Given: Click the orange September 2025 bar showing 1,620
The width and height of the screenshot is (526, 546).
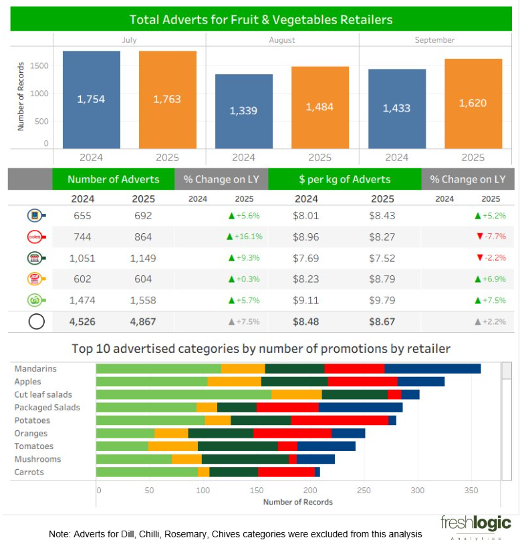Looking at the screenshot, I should (x=473, y=104).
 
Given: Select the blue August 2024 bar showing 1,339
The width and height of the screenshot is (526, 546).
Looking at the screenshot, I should (x=243, y=111).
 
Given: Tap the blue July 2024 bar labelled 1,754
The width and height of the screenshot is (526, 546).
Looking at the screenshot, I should (x=91, y=100).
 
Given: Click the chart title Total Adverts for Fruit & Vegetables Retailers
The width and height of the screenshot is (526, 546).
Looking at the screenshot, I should (x=261, y=19).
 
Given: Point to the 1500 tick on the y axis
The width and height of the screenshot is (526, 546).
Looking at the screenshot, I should (x=39, y=65).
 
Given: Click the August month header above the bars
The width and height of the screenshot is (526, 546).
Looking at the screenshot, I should (x=282, y=40).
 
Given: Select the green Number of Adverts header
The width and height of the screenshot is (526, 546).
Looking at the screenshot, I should (x=113, y=179).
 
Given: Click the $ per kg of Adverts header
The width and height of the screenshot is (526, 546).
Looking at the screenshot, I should (x=344, y=179).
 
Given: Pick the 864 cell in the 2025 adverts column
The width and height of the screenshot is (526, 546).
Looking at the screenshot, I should (x=142, y=237).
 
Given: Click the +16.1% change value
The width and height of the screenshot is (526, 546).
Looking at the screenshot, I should (x=245, y=237).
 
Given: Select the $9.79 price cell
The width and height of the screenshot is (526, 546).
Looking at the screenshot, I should (x=382, y=300).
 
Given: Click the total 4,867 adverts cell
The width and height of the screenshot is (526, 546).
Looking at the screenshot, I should (x=142, y=321).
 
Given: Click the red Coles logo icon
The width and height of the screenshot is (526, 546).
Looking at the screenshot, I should (x=35, y=237).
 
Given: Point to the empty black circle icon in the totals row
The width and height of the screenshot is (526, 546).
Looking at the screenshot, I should (x=36, y=321).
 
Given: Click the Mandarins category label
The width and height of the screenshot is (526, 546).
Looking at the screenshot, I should (x=35, y=369).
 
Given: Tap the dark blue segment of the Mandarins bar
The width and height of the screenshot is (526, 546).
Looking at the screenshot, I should (x=432, y=369).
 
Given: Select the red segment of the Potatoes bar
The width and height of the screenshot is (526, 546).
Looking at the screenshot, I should (x=340, y=420).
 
